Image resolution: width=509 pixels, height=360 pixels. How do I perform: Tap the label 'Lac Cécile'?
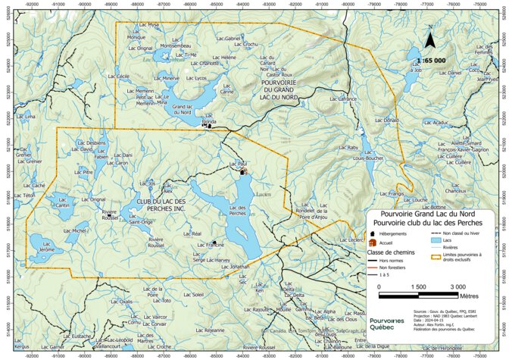119,77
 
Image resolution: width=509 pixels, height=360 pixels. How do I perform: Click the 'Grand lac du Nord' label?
182,110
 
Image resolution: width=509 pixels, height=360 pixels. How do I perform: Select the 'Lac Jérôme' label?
46,249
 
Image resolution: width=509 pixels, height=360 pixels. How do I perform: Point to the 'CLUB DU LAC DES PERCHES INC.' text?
161,205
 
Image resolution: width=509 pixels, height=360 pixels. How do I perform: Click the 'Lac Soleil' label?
194,294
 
